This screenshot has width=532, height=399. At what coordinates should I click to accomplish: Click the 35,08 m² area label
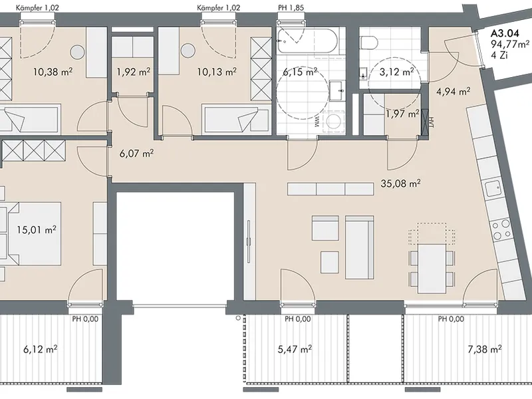click(401, 184)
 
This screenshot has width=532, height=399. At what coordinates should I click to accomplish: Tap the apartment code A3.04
click(505, 34)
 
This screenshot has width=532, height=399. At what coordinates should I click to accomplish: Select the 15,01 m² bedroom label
click(37, 229)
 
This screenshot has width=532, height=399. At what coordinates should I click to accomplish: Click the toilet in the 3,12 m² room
click(369, 43)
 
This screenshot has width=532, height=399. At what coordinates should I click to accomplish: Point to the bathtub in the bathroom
click(307, 41)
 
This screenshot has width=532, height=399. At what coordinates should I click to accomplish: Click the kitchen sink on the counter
click(493, 189)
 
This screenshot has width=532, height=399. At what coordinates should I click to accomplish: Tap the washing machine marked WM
click(332, 121)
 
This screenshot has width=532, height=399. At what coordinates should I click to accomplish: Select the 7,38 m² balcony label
click(485, 348)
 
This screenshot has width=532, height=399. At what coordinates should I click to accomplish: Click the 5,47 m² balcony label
click(295, 348)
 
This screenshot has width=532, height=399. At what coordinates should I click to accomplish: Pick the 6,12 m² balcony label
click(40, 348)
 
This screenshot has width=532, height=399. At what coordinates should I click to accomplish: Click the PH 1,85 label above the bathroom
click(291, 7)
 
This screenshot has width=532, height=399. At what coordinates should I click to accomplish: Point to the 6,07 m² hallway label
click(137, 154)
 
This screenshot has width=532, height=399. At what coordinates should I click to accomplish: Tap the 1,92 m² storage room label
click(134, 72)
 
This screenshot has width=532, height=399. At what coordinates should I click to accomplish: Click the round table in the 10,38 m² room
click(78, 52)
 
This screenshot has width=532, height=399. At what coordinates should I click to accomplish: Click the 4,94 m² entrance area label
click(453, 91)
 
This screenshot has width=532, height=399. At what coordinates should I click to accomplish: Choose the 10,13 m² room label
click(217, 72)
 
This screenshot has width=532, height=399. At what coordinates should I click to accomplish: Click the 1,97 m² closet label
click(402, 114)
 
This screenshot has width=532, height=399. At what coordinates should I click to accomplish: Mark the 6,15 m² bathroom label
click(301, 72)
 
